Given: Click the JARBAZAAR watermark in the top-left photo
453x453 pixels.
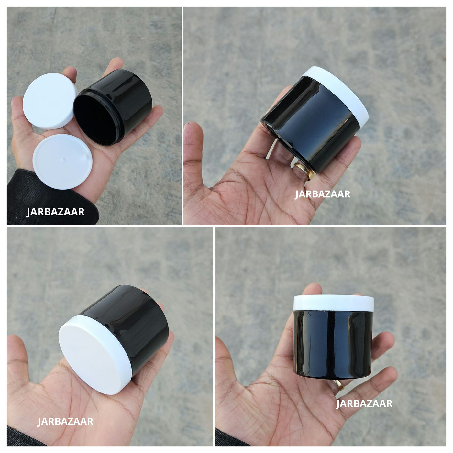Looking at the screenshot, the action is point(55,212).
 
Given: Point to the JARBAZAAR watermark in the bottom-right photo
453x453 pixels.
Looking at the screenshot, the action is point(364,403).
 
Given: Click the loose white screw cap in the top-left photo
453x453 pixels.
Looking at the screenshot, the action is point(50,101).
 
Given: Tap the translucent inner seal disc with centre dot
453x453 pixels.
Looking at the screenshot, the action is point(62,161).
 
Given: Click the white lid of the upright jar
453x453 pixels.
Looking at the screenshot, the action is point(334,303).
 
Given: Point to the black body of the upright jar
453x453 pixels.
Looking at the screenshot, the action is point(333,344).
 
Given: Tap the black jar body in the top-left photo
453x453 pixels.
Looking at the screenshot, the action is point(113,107).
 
